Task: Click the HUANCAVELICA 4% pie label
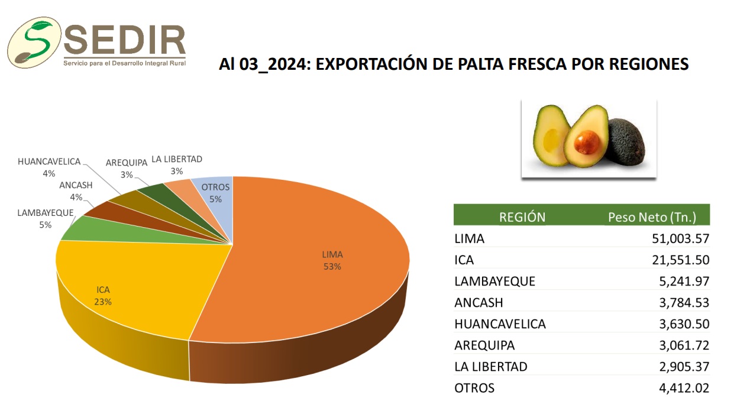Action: [49, 167]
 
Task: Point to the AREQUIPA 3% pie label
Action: [127, 169]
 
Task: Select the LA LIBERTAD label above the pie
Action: [177, 164]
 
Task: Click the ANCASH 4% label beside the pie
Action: [76, 190]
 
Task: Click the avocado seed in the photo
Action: [587, 143]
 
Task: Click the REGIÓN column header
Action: [522, 217]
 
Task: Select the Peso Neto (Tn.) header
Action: [652, 217]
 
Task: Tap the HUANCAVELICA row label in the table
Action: [500, 324]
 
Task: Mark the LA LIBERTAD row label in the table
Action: [490, 367]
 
